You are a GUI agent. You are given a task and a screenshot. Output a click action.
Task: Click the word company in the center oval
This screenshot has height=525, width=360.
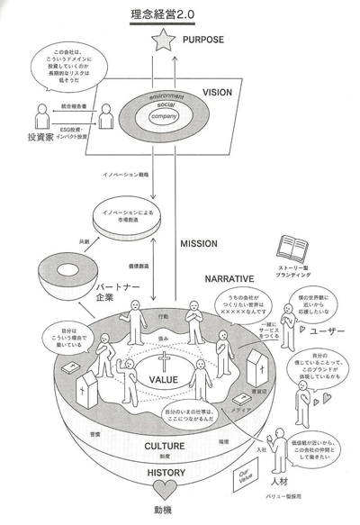(165, 115)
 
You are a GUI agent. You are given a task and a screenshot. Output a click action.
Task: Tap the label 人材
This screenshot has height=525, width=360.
(291, 484)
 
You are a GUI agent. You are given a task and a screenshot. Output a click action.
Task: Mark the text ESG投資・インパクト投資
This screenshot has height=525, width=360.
(76, 133)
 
